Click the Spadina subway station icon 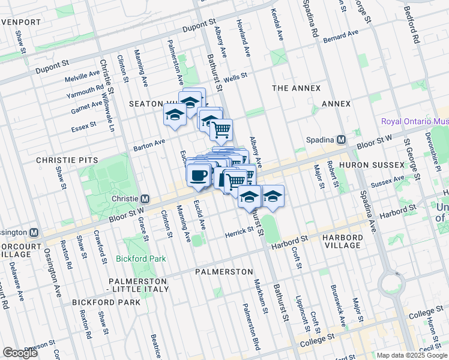coord(341,139)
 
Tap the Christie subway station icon coord(145,199)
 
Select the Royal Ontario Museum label coord(415,121)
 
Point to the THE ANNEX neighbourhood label coord(297,88)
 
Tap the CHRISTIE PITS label coord(62,161)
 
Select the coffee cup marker coord(198,176)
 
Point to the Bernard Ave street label coord(340,36)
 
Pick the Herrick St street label coord(240,232)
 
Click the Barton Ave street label coord(149,144)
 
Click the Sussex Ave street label coord(384,182)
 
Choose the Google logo coord(19,353)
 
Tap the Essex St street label coord(84,127)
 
